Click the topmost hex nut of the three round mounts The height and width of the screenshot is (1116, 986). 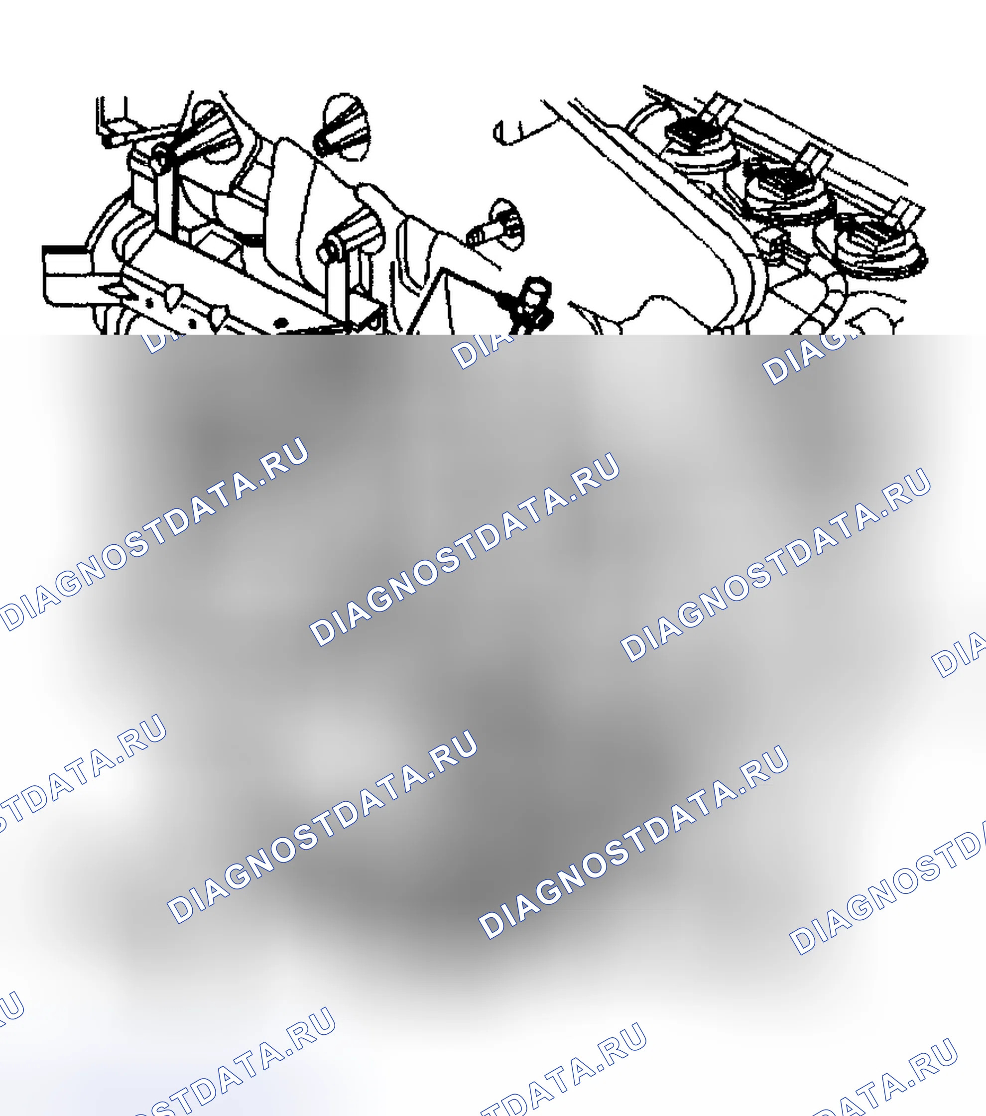click(x=691, y=134)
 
